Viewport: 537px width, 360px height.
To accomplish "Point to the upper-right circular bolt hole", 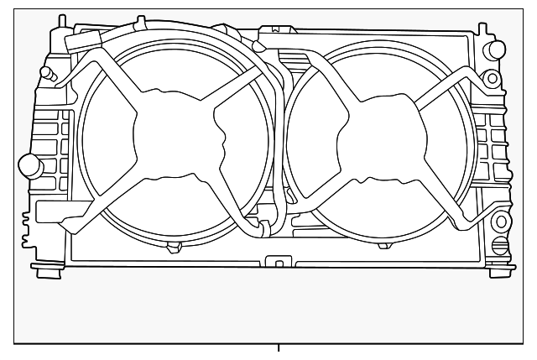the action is pyautogui.click(x=493, y=79).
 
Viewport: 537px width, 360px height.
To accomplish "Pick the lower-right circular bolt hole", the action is pyautogui.click(x=500, y=222).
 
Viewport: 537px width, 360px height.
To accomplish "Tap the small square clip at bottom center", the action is pyautogui.click(x=278, y=262).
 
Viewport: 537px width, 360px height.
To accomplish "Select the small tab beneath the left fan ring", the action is pyautogui.click(x=175, y=247).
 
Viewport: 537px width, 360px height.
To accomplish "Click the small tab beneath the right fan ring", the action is pyautogui.click(x=384, y=245).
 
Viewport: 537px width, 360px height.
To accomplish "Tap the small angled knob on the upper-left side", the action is pyautogui.click(x=50, y=75).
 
